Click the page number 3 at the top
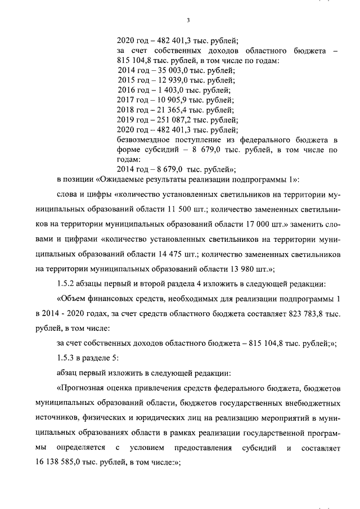click(188, 21)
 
